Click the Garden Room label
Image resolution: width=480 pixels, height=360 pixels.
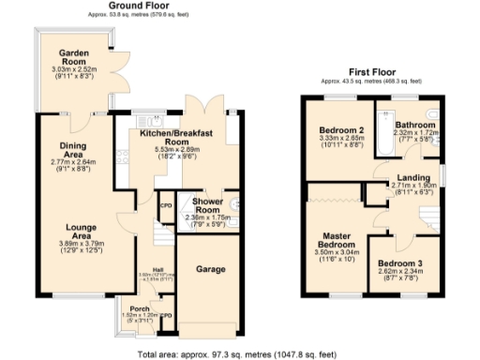(x=73, y=53)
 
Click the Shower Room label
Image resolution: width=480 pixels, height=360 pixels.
(x=205, y=205)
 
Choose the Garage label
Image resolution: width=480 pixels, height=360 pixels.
(x=211, y=270)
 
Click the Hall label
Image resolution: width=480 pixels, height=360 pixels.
(x=146, y=268)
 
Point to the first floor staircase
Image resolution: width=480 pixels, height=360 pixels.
(x=428, y=217)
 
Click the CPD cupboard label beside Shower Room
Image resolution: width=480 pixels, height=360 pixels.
(x=167, y=205)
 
